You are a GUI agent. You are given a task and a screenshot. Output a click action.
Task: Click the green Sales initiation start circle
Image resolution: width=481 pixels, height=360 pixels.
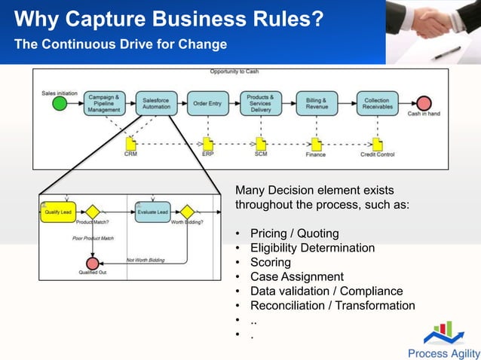click(x=60, y=104)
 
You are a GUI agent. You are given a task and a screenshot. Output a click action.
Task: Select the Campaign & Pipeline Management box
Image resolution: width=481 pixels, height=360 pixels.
click(x=103, y=104)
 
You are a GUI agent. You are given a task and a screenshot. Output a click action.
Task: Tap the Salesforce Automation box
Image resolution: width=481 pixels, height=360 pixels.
click(x=157, y=103)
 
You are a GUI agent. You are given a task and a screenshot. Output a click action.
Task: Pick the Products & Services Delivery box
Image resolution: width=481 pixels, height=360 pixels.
click(x=261, y=103)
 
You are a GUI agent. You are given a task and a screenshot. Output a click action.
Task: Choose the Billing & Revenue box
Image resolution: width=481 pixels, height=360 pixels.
click(x=317, y=103)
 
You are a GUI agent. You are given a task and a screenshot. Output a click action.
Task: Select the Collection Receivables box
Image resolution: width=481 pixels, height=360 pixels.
click(x=376, y=103)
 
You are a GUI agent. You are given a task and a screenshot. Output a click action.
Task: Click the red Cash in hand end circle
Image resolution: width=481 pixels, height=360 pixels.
click(x=424, y=104)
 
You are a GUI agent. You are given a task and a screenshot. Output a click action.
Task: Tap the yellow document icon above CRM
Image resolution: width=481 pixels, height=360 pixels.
click(x=130, y=143)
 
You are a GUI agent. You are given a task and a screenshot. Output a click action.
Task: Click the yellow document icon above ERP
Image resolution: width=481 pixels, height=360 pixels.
click(x=207, y=143)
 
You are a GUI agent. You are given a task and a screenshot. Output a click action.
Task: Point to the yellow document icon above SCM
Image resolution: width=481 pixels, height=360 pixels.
click(x=261, y=143)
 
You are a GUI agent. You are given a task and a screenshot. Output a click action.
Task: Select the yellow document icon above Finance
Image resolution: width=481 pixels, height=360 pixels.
click(x=316, y=143)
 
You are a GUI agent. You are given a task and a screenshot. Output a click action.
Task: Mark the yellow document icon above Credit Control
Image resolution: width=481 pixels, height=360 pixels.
click(x=376, y=143)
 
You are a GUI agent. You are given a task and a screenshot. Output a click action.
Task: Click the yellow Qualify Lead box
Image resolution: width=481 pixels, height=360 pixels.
click(x=56, y=212)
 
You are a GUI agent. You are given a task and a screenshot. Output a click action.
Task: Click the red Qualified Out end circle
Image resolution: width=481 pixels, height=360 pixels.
click(x=92, y=263)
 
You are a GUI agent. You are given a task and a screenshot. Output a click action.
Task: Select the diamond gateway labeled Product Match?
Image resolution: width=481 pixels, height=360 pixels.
click(x=93, y=212)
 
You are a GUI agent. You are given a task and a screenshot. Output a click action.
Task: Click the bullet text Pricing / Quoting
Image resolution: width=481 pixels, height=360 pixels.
click(x=294, y=233)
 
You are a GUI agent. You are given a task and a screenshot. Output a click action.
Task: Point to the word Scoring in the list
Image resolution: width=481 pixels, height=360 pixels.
click(x=270, y=262)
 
